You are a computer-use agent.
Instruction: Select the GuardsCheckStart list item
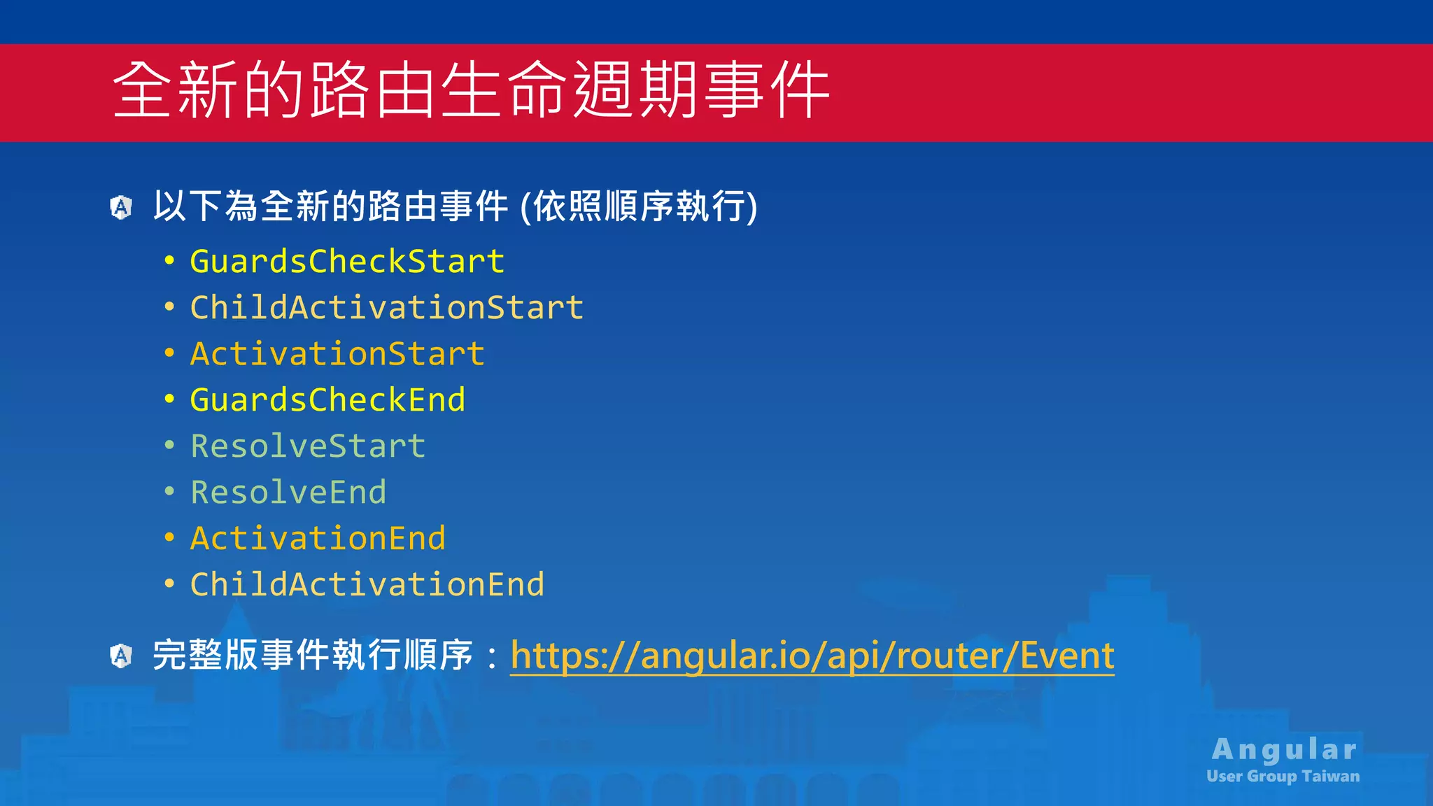347,262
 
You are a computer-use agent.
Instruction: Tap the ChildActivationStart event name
386,308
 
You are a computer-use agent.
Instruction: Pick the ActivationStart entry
337,354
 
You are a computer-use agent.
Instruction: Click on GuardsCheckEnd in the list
327,400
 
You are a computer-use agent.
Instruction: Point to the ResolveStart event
308,446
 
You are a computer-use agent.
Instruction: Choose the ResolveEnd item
288,493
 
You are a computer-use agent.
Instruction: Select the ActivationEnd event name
318,539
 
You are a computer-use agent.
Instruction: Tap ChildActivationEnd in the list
367,585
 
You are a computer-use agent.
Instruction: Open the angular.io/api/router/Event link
812,656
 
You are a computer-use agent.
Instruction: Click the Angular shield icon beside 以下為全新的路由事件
121,207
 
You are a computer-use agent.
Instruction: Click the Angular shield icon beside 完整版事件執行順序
121,656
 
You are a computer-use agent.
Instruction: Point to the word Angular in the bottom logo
1284,749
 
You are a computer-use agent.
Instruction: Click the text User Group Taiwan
1283,776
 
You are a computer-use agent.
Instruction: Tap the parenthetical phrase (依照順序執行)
639,206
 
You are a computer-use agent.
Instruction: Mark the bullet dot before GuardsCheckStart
169,262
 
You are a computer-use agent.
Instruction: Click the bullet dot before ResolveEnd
169,492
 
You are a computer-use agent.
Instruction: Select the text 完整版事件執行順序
313,656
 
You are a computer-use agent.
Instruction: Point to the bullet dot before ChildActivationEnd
169,584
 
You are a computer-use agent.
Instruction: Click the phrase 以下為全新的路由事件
330,206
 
